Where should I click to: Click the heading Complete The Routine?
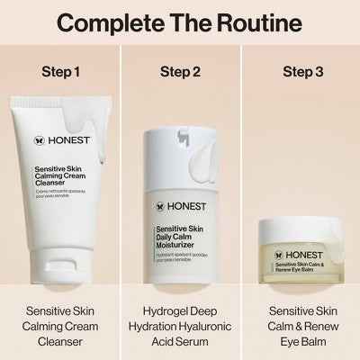(x=180, y=22)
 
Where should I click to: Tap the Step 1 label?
(x=60, y=71)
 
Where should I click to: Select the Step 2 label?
(x=180, y=71)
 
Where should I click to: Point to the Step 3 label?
(x=300, y=71)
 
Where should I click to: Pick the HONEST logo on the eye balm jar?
(x=297, y=229)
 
